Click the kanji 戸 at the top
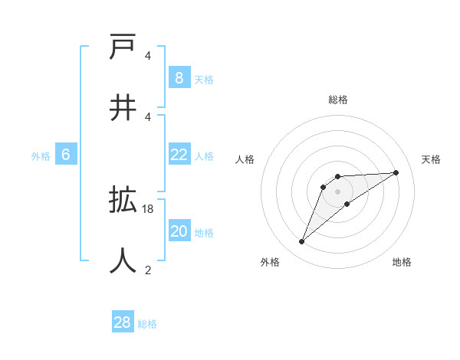pos(123,48)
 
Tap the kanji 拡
pos(123,200)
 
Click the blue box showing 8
pos(179,77)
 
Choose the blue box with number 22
pos(179,155)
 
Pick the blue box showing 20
pos(179,231)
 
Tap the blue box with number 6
pos(66,155)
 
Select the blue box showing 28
pos(123,322)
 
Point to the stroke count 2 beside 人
pos(147,270)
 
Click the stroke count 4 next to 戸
pos(147,56)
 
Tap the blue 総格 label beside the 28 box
pos(147,324)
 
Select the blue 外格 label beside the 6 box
pos(41,156)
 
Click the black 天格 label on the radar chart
pos(432,159)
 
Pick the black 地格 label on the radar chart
pos(402,262)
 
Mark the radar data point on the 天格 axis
pos(396,172)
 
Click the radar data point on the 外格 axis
pos(301,242)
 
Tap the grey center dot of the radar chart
pos(337,191)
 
